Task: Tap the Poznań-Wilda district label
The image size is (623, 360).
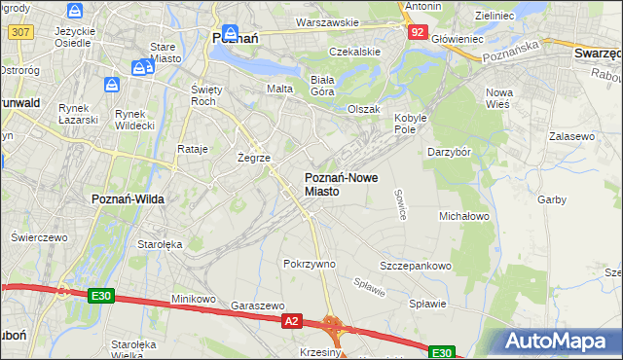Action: (x=128, y=198)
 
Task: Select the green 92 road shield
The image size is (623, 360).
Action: (x=417, y=32)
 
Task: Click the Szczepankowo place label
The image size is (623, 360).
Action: (x=416, y=266)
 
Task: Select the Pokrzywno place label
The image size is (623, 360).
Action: (x=310, y=264)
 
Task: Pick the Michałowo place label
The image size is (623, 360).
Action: (x=464, y=215)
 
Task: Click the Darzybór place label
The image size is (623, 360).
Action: (x=450, y=152)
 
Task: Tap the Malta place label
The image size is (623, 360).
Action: (x=279, y=89)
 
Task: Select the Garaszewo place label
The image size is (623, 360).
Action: (x=257, y=305)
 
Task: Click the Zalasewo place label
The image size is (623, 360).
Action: (x=571, y=137)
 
